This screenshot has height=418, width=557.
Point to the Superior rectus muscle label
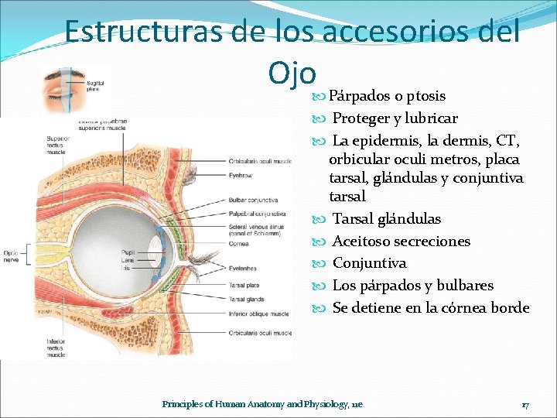coord(56,146)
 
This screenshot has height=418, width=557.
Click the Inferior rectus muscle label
coord(56,347)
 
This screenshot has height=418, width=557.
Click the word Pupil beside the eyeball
coord(128,252)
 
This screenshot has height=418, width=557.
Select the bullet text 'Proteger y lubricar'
coord(395,118)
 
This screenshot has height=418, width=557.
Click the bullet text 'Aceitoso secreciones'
coord(401,241)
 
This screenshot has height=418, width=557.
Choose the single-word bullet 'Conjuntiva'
coord(369,263)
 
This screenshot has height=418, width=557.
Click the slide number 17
coord(525,404)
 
